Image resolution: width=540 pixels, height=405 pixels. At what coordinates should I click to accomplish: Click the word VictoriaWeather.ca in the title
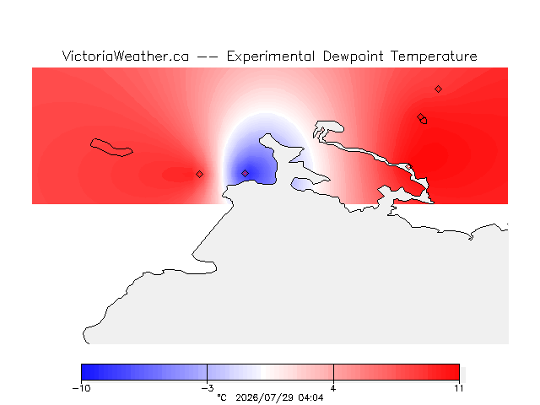click(x=126, y=57)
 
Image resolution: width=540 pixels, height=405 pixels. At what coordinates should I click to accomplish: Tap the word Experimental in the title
click(x=271, y=57)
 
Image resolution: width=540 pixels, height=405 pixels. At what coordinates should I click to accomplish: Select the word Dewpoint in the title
click(x=353, y=57)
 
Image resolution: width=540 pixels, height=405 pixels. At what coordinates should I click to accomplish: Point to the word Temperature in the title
click(x=434, y=57)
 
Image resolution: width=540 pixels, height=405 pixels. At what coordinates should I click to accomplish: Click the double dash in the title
click(x=208, y=57)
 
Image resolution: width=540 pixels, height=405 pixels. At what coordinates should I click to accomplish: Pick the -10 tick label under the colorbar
click(x=81, y=388)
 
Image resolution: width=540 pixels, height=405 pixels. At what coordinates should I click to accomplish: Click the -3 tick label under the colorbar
click(x=208, y=388)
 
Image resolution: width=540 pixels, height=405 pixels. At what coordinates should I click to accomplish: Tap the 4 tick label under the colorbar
click(x=333, y=388)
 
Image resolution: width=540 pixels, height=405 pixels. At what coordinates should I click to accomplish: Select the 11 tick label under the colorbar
click(x=459, y=388)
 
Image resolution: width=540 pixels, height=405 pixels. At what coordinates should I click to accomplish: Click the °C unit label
click(x=222, y=397)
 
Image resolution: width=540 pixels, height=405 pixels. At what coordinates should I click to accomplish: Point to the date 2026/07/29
click(x=265, y=397)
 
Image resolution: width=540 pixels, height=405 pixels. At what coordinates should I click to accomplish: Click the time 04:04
click(x=310, y=397)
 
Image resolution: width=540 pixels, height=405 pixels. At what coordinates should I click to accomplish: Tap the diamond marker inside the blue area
click(x=245, y=173)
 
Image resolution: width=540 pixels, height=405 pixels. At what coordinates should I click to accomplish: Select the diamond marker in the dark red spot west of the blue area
click(x=199, y=175)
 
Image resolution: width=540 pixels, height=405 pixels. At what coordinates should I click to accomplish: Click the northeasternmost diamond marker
click(x=438, y=89)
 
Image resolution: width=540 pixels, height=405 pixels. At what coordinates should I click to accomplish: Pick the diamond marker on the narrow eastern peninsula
click(x=408, y=167)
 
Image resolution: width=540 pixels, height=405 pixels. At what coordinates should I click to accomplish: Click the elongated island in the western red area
click(x=111, y=148)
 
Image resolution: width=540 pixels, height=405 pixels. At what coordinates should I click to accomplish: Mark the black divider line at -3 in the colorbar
click(x=207, y=372)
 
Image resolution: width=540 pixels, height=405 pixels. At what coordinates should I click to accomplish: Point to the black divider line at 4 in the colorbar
click(x=333, y=372)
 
